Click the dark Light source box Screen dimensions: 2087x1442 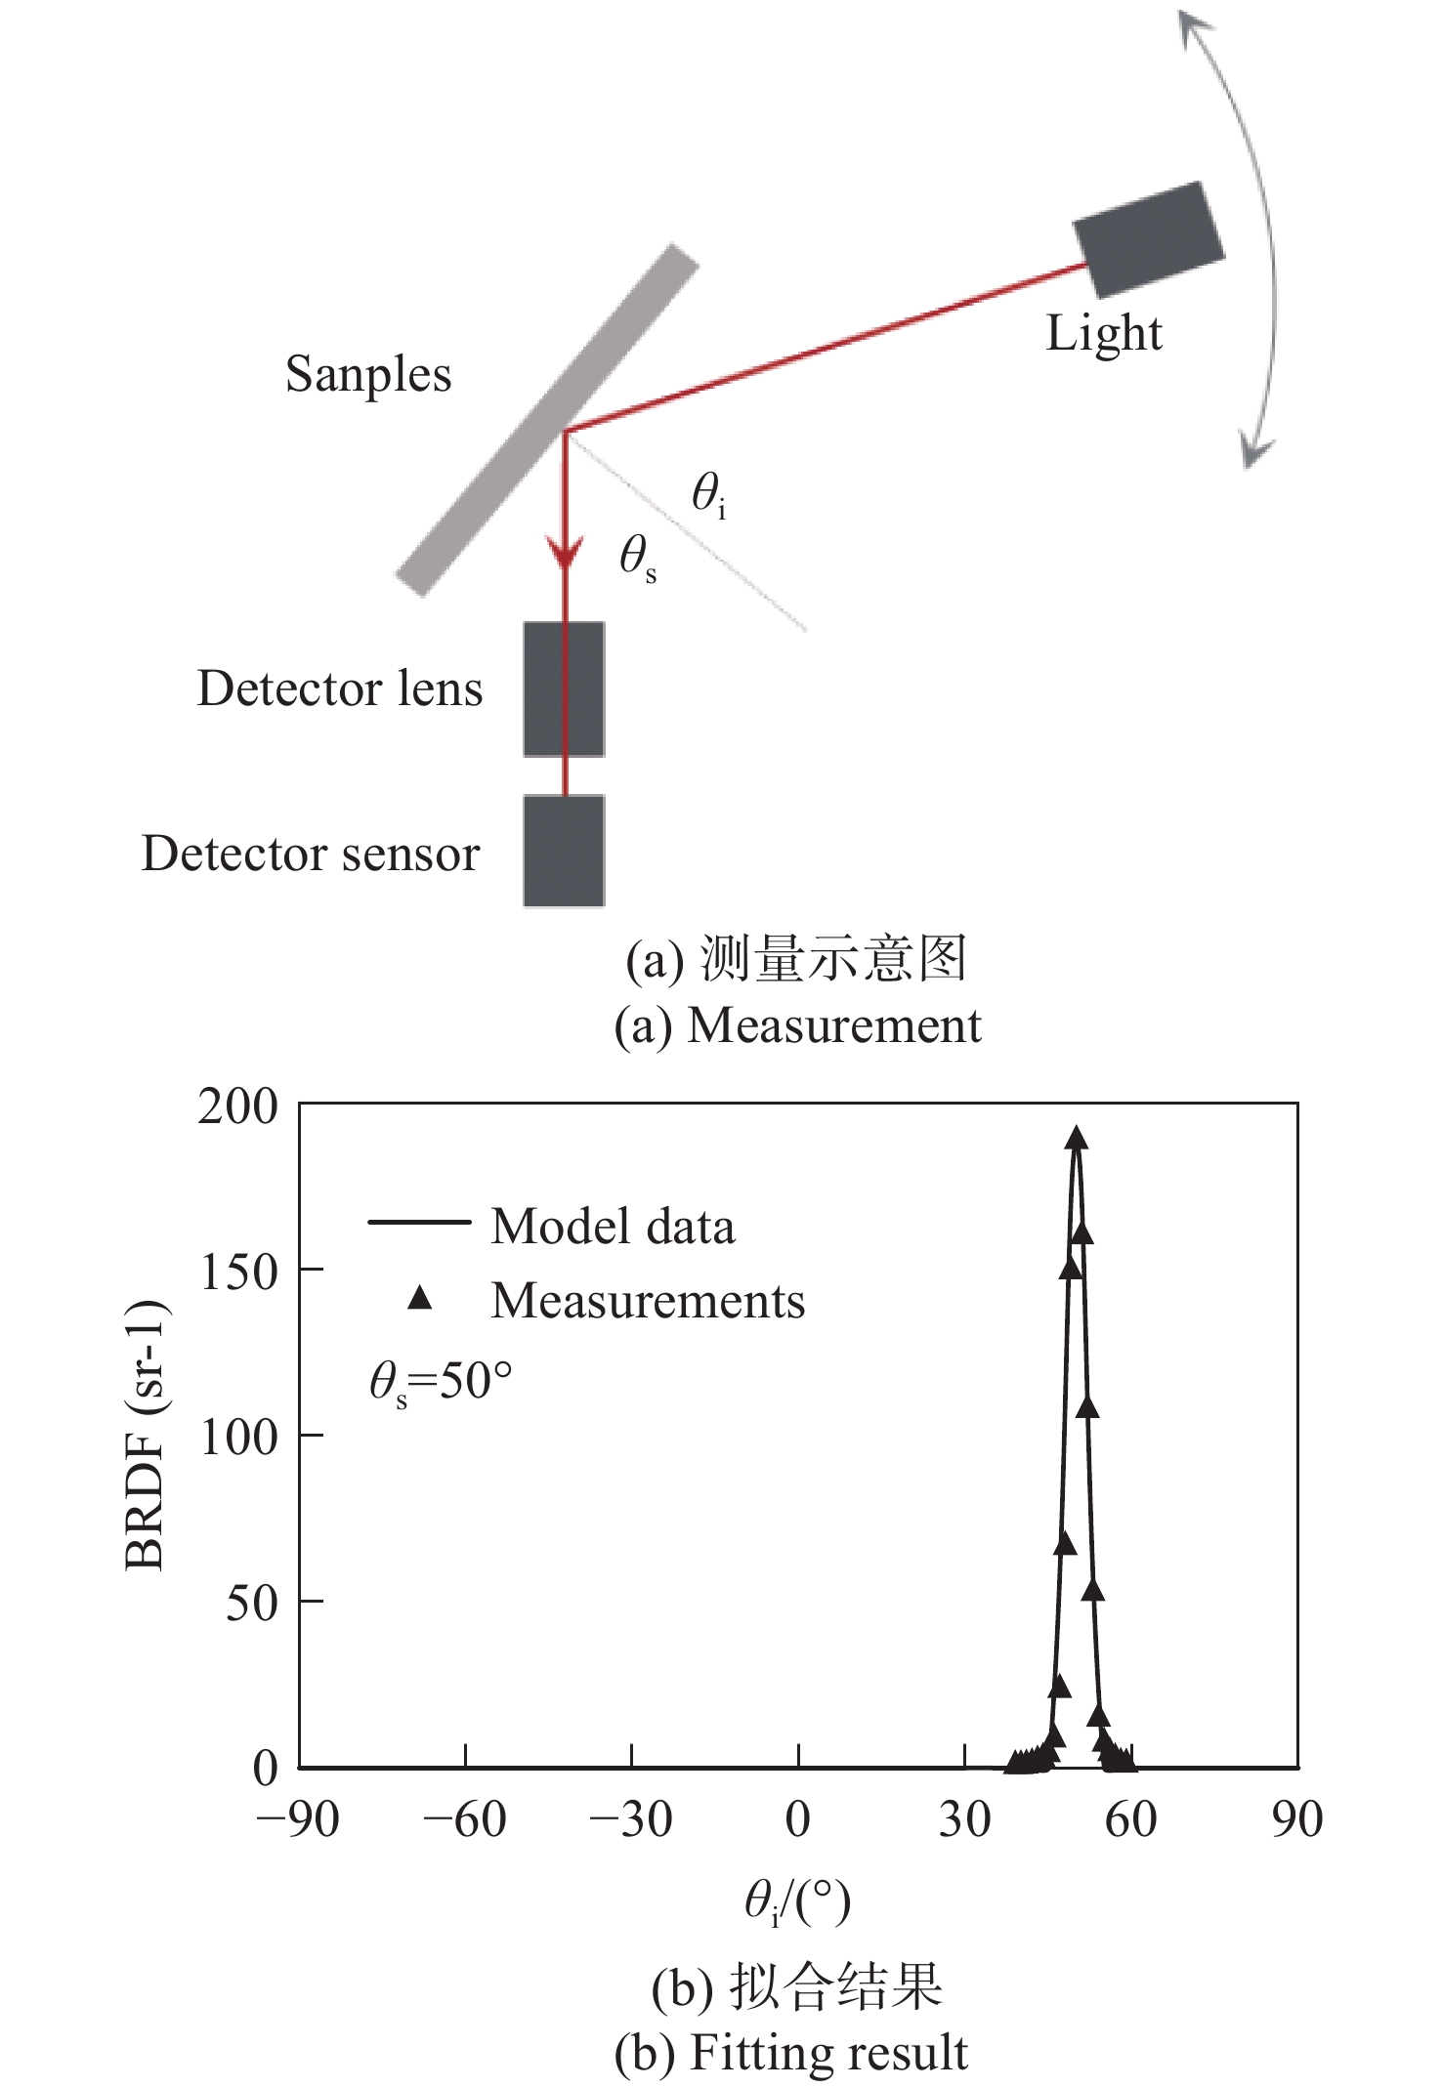[x=1148, y=239]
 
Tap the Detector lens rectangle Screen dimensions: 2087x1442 [x=564, y=689]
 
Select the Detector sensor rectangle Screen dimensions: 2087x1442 [x=564, y=851]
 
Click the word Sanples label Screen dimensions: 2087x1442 [x=368, y=374]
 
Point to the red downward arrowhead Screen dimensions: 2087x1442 [x=565, y=553]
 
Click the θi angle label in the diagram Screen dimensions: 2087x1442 [x=708, y=494]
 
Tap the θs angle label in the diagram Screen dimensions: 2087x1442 [x=637, y=559]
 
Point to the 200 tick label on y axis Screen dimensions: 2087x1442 [x=238, y=1106]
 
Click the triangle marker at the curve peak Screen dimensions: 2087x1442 [x=1077, y=1138]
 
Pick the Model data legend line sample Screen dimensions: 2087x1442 [x=419, y=1222]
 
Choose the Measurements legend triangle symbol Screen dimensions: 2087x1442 [x=420, y=1298]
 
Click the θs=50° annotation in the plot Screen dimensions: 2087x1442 [x=441, y=1383]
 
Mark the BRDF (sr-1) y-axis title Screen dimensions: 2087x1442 [x=147, y=1436]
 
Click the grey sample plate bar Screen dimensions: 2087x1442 [x=547, y=420]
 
